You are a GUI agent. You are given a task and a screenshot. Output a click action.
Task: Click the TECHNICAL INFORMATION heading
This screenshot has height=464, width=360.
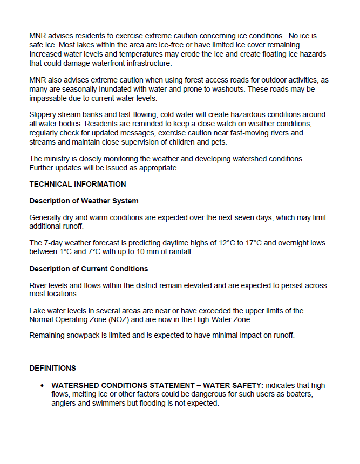coord(78,184)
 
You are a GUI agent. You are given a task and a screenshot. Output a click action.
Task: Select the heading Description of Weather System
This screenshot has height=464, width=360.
coord(84,201)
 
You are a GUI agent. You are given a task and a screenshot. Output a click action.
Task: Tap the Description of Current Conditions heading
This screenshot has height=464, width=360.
coord(89,269)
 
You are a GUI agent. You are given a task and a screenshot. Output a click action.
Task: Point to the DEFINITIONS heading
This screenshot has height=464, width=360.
coord(52,368)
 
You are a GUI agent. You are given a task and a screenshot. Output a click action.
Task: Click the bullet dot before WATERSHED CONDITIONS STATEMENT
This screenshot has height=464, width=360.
coord(42,386)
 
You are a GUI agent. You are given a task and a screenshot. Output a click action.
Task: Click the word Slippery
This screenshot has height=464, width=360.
coord(44,114)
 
